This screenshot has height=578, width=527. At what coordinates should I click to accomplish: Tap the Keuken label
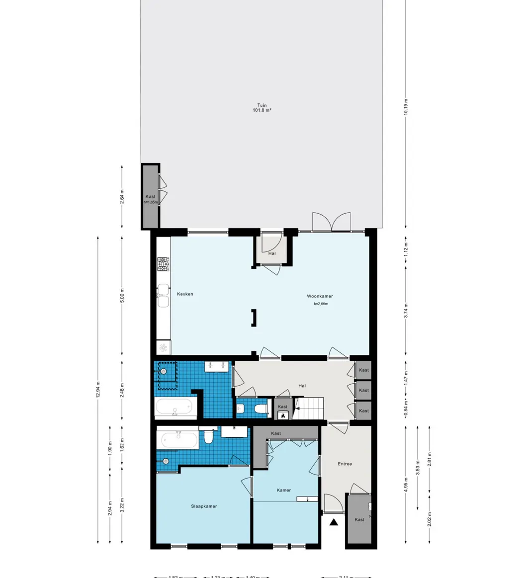[x=184, y=294]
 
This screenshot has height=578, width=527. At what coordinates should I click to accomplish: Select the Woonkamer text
[x=320, y=296]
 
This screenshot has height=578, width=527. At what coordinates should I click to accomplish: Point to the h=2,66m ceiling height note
[x=321, y=304]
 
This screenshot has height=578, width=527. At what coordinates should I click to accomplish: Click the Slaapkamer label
[x=204, y=506]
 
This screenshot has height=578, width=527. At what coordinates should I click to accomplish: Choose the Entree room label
[x=345, y=464]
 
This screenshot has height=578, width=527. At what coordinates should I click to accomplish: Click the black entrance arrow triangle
[x=334, y=522]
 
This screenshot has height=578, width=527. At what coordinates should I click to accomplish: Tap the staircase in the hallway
[x=309, y=408]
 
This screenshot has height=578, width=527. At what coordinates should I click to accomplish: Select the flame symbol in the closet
[x=283, y=415]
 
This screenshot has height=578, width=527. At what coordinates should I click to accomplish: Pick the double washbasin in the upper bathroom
[x=217, y=366]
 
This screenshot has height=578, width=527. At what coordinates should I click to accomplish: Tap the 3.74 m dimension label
[x=406, y=310]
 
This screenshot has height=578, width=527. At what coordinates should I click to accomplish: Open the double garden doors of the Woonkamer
[x=331, y=222]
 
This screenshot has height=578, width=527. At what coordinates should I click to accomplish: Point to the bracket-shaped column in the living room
[x=254, y=318]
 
